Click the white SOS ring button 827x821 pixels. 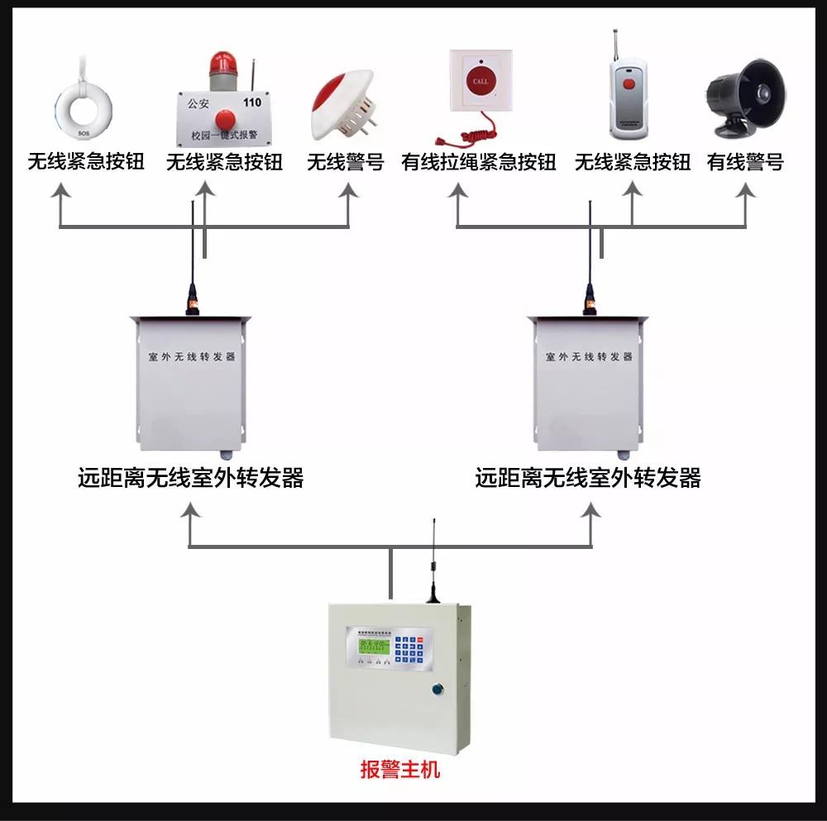point(83,103)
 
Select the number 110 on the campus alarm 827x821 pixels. point(251,103)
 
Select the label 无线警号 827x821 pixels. point(346,162)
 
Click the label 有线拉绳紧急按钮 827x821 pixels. point(478,162)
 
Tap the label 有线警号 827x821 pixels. point(745,162)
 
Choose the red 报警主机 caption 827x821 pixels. point(400,771)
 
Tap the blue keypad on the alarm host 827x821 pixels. point(411,649)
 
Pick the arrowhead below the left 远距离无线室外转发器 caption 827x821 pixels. point(191,511)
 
